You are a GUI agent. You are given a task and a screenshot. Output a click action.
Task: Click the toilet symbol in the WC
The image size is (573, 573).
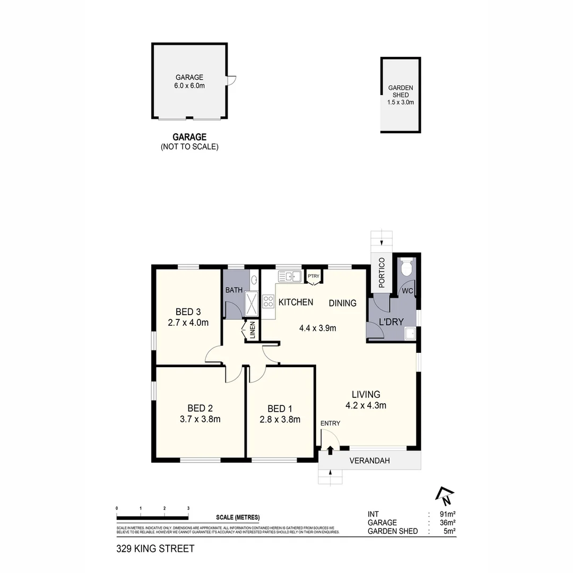coord(407,268)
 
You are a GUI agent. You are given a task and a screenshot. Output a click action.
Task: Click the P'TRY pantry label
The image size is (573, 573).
coord(314,276)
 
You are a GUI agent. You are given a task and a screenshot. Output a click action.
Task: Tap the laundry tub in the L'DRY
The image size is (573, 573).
coord(410,333)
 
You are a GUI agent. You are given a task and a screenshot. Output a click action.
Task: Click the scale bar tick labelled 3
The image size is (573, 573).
coord(188,509)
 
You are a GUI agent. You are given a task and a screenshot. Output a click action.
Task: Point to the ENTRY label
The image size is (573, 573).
coord(330,423)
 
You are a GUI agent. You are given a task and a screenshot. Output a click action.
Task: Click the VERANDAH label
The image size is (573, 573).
coord(370,461)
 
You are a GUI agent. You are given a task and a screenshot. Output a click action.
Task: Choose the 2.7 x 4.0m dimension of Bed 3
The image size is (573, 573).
coord(188,322)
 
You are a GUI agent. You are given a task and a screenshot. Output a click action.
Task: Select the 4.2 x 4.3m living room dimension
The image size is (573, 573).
coord(366,406)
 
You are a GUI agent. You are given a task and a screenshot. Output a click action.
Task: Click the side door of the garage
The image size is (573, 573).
coord(231,80)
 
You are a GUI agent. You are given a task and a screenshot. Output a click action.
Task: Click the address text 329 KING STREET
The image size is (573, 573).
coord(155,549)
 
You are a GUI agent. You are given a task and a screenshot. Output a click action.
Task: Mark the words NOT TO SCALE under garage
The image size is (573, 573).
coord(189,147)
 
